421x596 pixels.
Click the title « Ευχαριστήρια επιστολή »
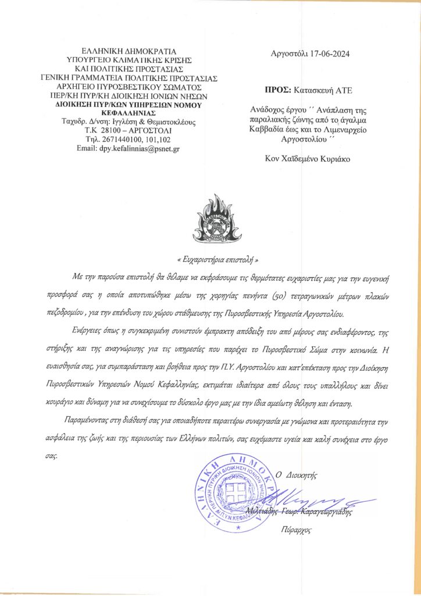216,260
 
